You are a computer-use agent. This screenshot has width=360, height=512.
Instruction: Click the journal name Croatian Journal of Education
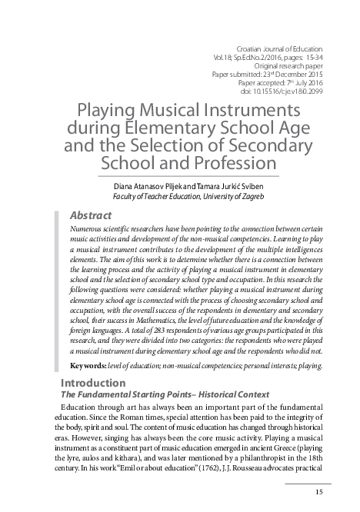[x=279, y=48]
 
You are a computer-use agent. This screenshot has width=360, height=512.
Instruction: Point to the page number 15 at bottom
[x=319, y=492]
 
